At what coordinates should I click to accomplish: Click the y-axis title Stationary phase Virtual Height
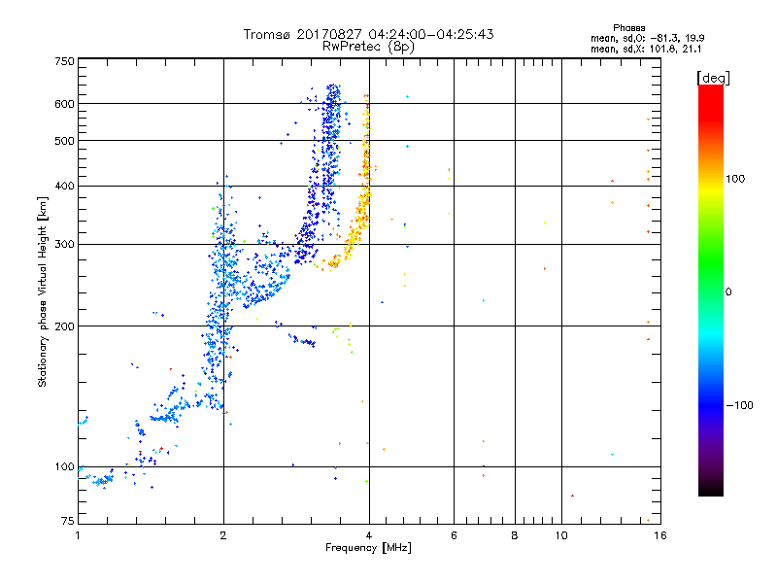coord(43,291)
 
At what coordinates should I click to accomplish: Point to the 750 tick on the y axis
coord(65,61)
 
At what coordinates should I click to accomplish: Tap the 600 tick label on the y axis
coord(65,104)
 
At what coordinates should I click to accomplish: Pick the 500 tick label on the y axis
coord(65,141)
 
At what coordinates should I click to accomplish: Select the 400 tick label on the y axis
coord(65,187)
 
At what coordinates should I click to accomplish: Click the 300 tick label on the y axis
coord(65,245)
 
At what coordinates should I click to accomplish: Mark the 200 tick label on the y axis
coord(65,326)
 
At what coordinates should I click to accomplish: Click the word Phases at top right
coord(629,27)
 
